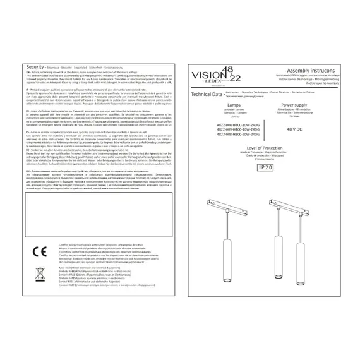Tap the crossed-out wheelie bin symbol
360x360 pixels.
(x=37, y=273)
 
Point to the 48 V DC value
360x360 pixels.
(x=296, y=128)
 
